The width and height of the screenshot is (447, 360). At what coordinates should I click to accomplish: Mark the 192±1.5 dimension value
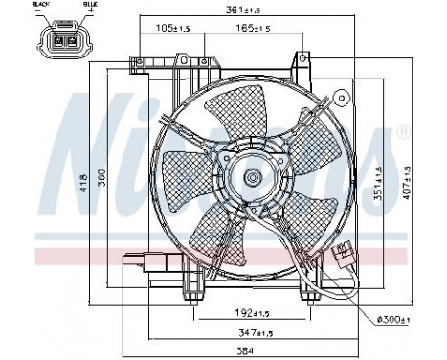coord(251,312)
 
